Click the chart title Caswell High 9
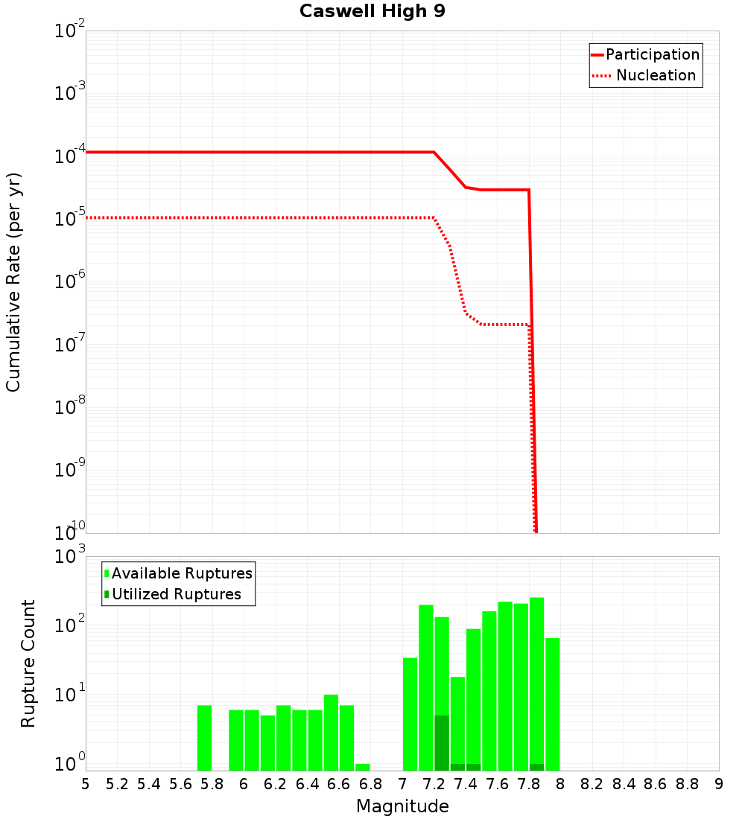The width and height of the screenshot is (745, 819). pyautogui.click(x=372, y=12)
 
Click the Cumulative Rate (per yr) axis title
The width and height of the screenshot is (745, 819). pyautogui.click(x=13, y=281)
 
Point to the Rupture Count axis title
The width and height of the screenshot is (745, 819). pyautogui.click(x=28, y=663)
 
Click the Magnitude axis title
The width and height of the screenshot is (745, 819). pyautogui.click(x=402, y=806)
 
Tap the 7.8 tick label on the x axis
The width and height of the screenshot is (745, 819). pyautogui.click(x=528, y=784)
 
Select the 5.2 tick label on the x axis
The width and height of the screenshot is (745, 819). pyautogui.click(x=117, y=784)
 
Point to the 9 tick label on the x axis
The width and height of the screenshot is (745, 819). pyautogui.click(x=718, y=784)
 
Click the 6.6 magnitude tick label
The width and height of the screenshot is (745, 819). pyautogui.click(x=339, y=784)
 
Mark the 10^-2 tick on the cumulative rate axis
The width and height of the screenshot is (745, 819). pyautogui.click(x=70, y=32)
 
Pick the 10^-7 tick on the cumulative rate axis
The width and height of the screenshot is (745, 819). pyautogui.click(x=70, y=345)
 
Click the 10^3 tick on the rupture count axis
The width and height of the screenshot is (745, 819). pyautogui.click(x=72, y=557)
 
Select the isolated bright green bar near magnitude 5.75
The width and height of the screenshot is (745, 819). pyautogui.click(x=204, y=737)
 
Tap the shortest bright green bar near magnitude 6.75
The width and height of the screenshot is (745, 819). pyautogui.click(x=363, y=767)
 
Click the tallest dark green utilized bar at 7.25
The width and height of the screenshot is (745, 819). pyautogui.click(x=442, y=743)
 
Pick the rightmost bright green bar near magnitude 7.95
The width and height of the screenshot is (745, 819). pyautogui.click(x=552, y=704)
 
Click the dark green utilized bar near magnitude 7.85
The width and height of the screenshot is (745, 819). pyautogui.click(x=536, y=767)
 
